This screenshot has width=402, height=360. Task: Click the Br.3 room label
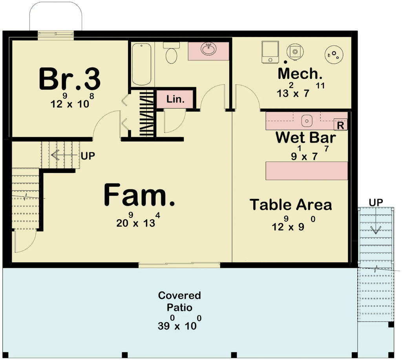pos(69,79)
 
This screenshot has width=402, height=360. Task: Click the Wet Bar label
pos(305,138)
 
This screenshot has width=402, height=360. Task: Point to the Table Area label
pos(291,205)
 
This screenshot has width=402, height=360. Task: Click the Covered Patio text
pos(179,301)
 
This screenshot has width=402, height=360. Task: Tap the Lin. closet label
pos(175,99)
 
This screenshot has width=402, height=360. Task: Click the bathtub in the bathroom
pos(141,64)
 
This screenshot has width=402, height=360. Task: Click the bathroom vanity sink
pos(208,50)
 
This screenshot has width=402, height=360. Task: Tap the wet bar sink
pos(307,121)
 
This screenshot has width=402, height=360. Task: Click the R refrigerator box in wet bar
pos(340,125)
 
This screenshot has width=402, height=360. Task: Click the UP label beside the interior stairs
pos(88,156)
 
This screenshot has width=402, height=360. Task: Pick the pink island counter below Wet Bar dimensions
pos(307,171)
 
